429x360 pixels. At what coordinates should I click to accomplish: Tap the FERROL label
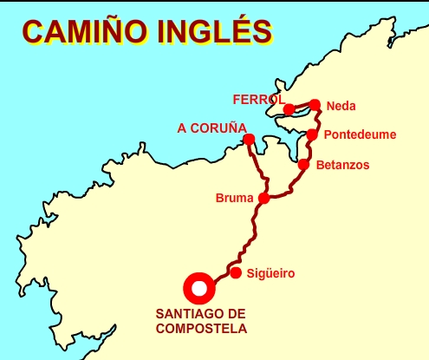click(258, 99)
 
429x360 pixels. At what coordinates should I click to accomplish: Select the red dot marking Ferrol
click(289, 109)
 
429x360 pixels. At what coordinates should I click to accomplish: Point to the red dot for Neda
click(315, 105)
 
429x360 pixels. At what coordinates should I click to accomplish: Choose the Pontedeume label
click(359, 135)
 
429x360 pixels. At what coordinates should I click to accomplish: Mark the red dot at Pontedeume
click(312, 134)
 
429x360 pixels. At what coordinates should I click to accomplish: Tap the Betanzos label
click(342, 164)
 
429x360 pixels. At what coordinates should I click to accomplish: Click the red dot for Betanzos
click(303, 164)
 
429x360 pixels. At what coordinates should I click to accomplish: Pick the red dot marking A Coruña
click(249, 140)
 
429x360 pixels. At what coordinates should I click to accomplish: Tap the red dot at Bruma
click(263, 198)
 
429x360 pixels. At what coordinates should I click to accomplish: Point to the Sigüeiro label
click(271, 273)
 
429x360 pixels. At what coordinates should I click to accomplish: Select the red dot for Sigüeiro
click(236, 272)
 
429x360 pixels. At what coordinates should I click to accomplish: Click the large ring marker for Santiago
click(199, 288)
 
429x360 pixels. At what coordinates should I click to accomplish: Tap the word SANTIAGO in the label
click(192, 314)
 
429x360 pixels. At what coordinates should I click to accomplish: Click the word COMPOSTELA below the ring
click(201, 329)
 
